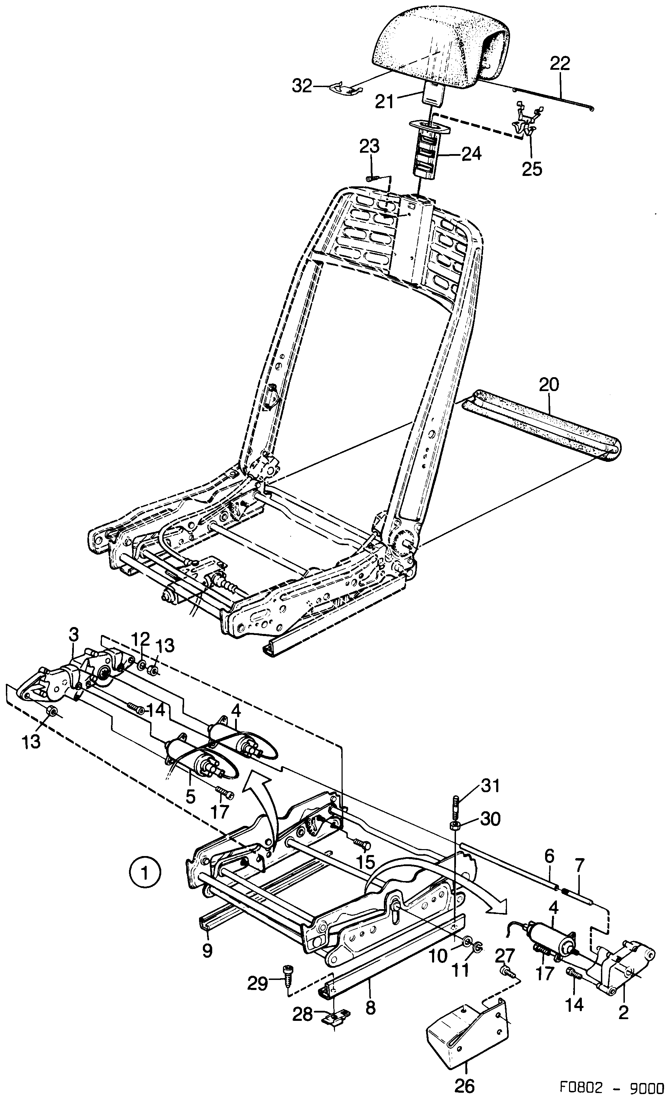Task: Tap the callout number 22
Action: (560, 64)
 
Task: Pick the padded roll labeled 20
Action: (540, 423)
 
